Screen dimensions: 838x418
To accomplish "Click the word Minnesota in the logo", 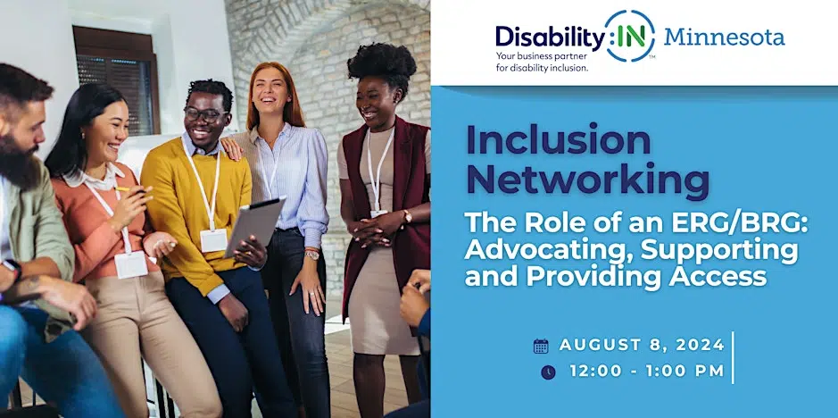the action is (x=724, y=37).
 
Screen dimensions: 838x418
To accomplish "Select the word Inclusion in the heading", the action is (x=559, y=141).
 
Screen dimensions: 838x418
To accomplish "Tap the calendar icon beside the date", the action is (x=541, y=346).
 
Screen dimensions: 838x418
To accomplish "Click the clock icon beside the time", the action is (x=548, y=372).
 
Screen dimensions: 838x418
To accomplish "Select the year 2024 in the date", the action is (x=700, y=346).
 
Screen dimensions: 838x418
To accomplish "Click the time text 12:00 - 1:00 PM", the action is (x=647, y=371).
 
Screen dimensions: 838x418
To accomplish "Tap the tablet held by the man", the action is (x=255, y=226).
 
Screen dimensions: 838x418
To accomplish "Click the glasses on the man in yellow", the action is (x=204, y=114).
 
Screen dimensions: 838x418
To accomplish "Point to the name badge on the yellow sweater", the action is (x=214, y=240).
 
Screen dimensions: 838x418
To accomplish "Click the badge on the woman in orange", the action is (x=131, y=265).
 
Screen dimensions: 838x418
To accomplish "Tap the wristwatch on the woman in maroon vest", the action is (x=407, y=216).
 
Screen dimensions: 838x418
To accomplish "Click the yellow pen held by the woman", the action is (x=125, y=189).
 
